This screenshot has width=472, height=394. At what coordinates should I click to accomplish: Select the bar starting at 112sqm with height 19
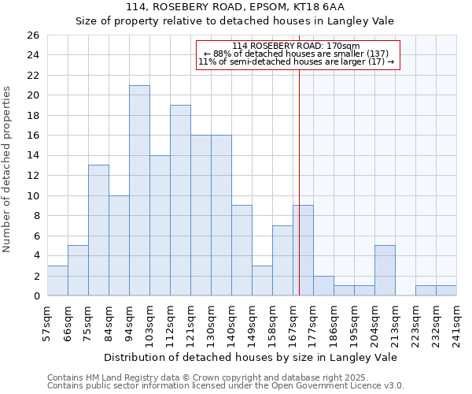pos(180,200)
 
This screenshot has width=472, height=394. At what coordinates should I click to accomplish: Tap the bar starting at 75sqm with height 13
pos(98,230)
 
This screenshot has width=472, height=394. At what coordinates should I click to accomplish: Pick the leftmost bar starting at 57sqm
pos(57,281)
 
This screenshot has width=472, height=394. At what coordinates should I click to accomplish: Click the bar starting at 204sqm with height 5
pos(385,270)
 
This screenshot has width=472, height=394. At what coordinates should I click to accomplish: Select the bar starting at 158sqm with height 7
pos(282,261)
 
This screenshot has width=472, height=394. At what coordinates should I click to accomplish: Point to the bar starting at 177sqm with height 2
pos(323,286)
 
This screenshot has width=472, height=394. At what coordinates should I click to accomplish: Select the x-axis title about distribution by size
pos(250,357)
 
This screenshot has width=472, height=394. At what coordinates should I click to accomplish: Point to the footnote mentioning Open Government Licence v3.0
pos(226,386)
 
